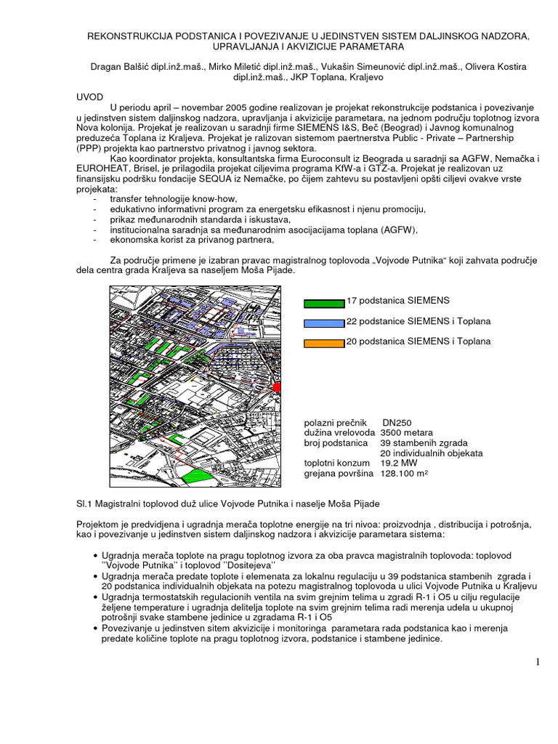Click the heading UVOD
click(x=91, y=96)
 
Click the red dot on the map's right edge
click(x=277, y=389)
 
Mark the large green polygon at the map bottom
click(x=193, y=476)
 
